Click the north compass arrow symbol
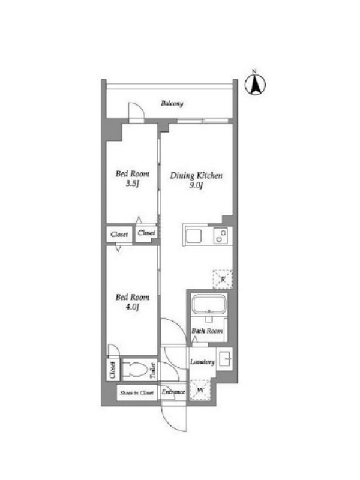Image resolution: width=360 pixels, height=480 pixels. [255, 84]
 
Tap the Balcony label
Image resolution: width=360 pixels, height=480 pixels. [172, 103]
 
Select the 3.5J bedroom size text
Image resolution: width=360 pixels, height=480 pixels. [133, 184]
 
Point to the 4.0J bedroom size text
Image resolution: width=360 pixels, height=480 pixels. [133, 307]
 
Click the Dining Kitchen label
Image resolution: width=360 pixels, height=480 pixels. [196, 176]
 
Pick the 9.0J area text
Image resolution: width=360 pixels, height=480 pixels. [196, 185]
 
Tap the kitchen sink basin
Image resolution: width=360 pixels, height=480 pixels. [194, 236]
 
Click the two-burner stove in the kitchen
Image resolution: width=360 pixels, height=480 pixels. [220, 236]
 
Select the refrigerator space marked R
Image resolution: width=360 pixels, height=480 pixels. [223, 279]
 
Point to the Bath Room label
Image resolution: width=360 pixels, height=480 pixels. [207, 331]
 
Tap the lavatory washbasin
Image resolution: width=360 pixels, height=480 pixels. [224, 359]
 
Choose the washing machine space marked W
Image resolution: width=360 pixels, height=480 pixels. [200, 389]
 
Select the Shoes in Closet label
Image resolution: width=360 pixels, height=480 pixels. [137, 393]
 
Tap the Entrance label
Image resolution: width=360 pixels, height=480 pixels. [173, 392]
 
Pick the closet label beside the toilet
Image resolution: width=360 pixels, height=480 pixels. [113, 370]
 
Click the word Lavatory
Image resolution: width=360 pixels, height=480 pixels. [202, 362]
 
